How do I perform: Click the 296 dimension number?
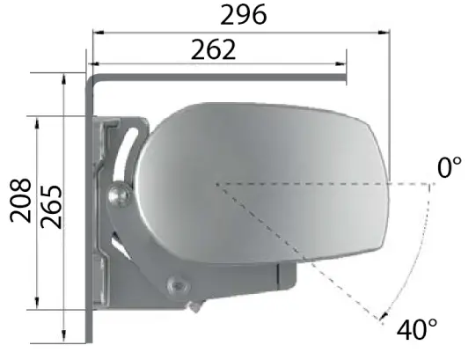(244, 15)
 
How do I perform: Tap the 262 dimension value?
(214, 49)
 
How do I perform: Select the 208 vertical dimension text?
(20, 201)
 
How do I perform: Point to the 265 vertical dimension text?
(51, 207)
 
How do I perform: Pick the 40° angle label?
(417, 329)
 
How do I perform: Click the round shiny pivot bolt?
(120, 195)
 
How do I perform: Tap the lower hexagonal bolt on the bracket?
(178, 285)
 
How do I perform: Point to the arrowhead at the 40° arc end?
(384, 316)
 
